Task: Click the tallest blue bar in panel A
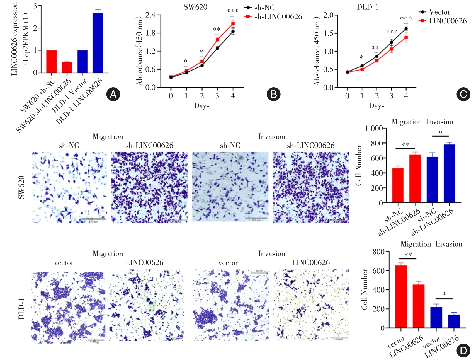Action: [x=98, y=43]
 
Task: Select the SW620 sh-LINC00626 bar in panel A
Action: [x=67, y=67]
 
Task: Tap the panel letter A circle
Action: [x=113, y=94]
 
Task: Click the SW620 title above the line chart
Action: [x=195, y=7]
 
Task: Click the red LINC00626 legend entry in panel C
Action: [x=443, y=21]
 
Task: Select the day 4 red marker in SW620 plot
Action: [x=233, y=24]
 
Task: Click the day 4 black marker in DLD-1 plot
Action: [x=406, y=28]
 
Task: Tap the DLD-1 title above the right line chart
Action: [x=368, y=7]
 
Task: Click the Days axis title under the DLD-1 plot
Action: [x=377, y=106]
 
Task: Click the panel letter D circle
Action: [x=463, y=351]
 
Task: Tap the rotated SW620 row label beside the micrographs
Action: [x=21, y=187]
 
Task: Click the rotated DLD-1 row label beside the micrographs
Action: [x=21, y=309]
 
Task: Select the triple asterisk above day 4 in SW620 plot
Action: [x=232, y=11]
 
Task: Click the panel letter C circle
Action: [x=463, y=94]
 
